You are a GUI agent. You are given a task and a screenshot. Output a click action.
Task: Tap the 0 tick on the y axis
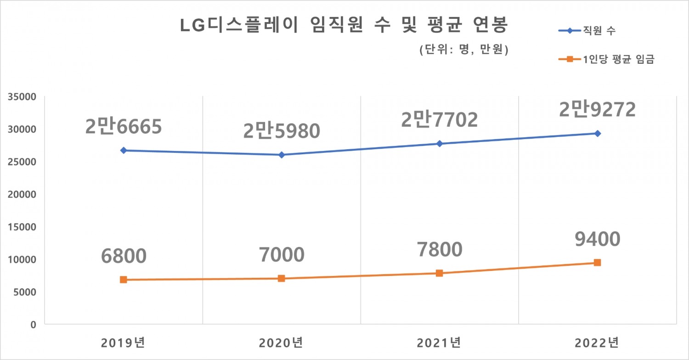[x=33, y=325]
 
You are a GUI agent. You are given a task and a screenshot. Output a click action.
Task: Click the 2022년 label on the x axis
[x=597, y=343]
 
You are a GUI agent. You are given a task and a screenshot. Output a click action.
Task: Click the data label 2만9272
[x=597, y=109]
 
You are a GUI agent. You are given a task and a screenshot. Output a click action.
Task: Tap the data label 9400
[x=597, y=239]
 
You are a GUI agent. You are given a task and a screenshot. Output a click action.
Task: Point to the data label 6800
[x=124, y=255]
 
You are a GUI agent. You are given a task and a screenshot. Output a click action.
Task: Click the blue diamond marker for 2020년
[x=282, y=155]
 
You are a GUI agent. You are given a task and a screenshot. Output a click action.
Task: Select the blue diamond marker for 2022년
[x=597, y=134]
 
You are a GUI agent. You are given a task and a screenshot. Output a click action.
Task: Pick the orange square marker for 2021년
[x=439, y=273]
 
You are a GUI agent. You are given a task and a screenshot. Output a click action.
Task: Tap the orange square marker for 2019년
[x=124, y=280]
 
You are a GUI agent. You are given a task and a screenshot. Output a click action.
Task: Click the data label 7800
[x=439, y=249]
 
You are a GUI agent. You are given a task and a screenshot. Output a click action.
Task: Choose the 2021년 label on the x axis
[x=439, y=343]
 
